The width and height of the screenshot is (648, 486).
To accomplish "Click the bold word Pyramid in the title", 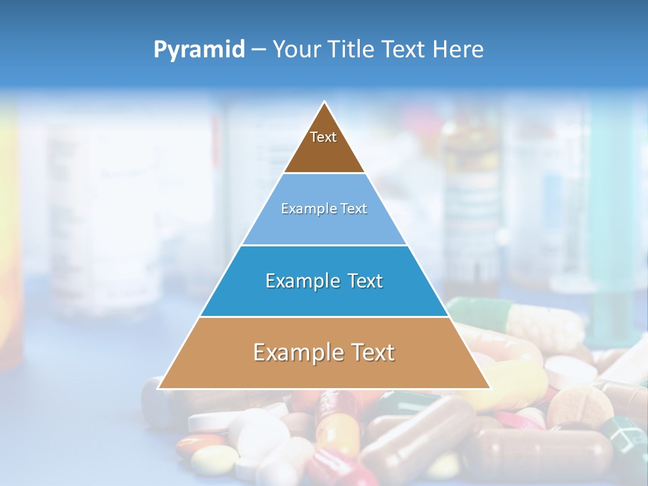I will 198,50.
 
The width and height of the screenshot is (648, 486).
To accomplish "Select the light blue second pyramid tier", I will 324,223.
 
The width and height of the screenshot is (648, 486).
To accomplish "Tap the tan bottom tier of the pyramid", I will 324,368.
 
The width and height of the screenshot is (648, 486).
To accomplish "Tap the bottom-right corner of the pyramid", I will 489,388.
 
